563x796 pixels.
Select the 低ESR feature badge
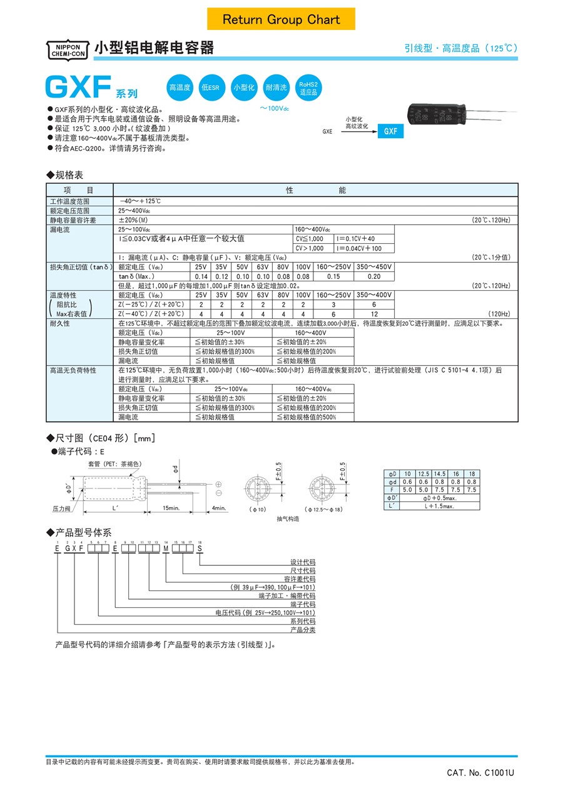(x=210, y=88)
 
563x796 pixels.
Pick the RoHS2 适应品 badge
(x=308, y=88)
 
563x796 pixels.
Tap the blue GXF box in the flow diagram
(x=390, y=132)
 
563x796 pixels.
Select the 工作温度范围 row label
(x=70, y=201)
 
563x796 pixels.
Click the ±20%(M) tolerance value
(x=134, y=220)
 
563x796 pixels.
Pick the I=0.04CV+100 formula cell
(x=358, y=248)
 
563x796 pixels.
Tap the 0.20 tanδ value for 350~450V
(x=373, y=276)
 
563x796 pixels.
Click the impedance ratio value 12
(x=373, y=313)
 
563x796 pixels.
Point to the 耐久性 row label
(x=60, y=323)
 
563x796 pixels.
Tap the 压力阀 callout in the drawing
(x=61, y=508)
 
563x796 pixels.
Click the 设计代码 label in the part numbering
(x=303, y=562)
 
